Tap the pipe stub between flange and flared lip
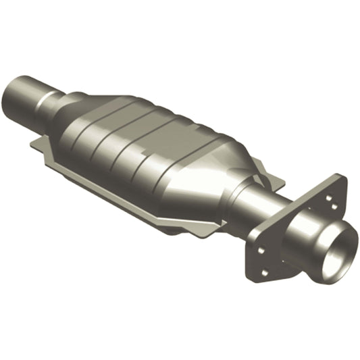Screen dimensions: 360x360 tap(304, 240)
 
